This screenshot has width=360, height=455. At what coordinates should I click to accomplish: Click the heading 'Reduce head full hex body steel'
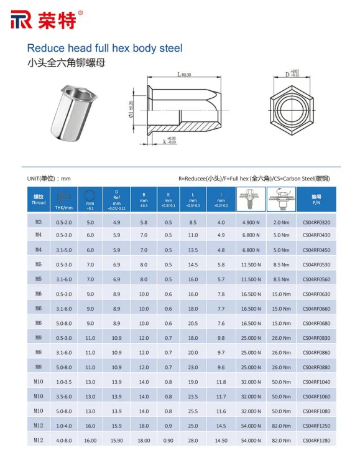[104, 48]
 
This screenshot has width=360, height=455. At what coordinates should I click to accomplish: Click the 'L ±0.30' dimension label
[183, 75]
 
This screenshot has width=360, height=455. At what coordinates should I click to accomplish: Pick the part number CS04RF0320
[316, 222]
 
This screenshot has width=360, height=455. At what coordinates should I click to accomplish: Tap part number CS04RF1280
[316, 441]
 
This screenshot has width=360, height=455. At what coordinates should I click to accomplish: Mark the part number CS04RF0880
[316, 367]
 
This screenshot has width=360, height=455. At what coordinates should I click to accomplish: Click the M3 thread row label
[39, 222]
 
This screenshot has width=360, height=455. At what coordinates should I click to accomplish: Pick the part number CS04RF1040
[316, 382]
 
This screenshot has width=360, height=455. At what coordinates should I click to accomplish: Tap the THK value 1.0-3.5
[64, 382]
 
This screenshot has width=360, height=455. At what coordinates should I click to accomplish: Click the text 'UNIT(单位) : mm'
[49, 179]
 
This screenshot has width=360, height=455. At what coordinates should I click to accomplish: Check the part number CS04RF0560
[316, 279]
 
